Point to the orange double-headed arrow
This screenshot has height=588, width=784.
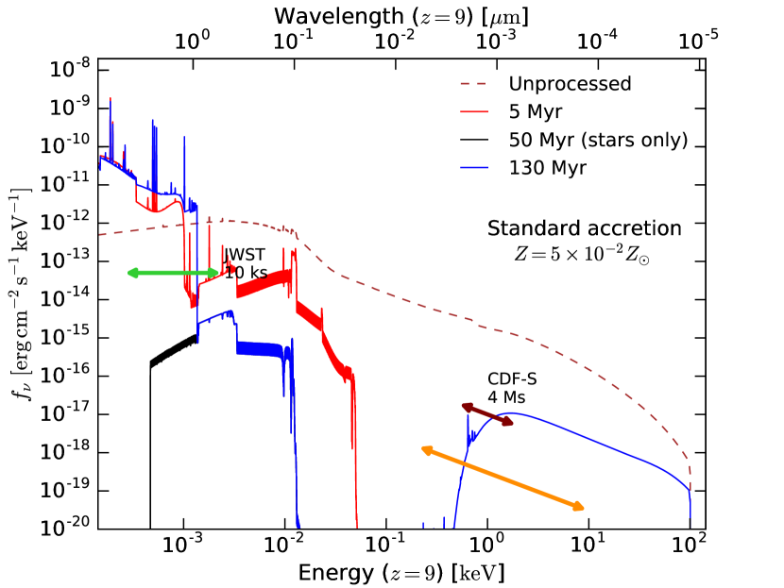(503, 479)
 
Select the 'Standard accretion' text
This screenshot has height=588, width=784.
(584, 229)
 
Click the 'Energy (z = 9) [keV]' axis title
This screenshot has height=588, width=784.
(401, 572)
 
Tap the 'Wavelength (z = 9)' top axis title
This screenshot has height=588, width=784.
(401, 15)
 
